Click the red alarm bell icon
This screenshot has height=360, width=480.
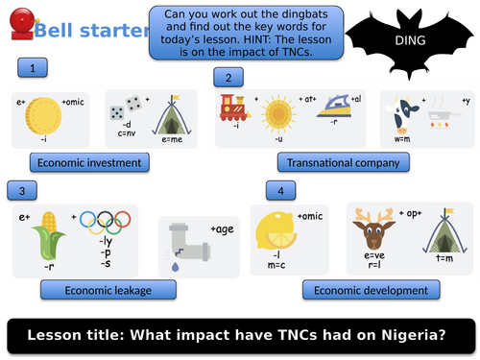(x=18, y=25)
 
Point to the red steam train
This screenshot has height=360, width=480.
(x=233, y=108)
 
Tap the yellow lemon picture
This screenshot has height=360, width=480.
(x=276, y=232)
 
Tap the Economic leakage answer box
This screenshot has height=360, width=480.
(x=107, y=289)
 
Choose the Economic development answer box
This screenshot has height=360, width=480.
(x=372, y=290)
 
